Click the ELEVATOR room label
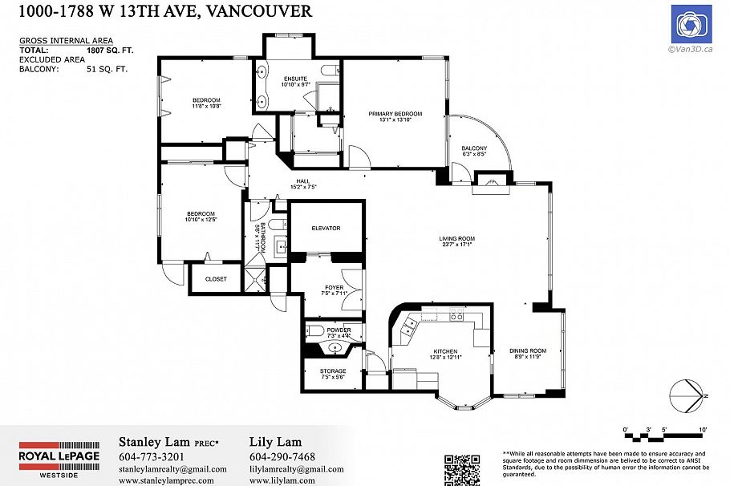pyautogui.click(x=326, y=229)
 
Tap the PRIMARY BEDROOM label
pyautogui.click(x=395, y=114)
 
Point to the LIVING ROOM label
pyautogui.click(x=456, y=238)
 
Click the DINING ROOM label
pyautogui.click(x=527, y=350)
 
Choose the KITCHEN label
pyautogui.click(x=445, y=351)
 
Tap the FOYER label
pyautogui.click(x=335, y=287)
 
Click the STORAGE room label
pyautogui.click(x=333, y=371)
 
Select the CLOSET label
pyautogui.click(x=216, y=279)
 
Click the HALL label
pyautogui.click(x=302, y=181)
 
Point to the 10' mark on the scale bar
pyautogui.click(x=703, y=431)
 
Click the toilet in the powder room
pyautogui.click(x=314, y=330)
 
